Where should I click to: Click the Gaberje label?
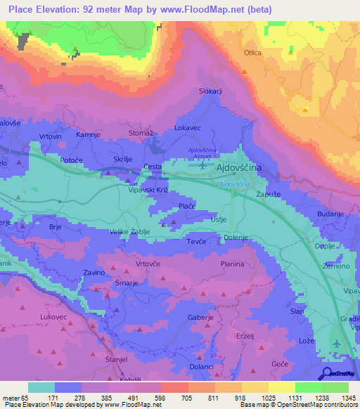[x=200, y=318]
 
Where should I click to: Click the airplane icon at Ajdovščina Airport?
[x=203, y=166]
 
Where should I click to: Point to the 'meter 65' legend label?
[x=15, y=397]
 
